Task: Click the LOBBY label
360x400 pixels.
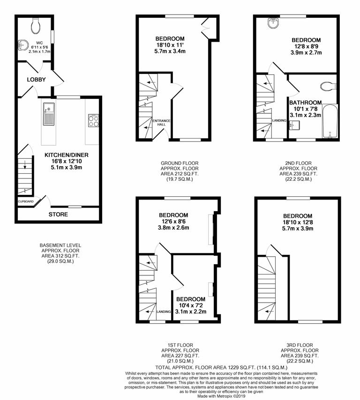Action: pyautogui.click(x=36, y=80)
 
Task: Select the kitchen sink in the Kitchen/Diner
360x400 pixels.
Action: pyautogui.click(x=49, y=114)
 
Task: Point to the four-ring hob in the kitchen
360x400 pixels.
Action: pyautogui.click(x=92, y=121)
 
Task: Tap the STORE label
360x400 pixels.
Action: pyautogui.click(x=58, y=215)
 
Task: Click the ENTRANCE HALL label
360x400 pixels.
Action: pyautogui.click(x=162, y=122)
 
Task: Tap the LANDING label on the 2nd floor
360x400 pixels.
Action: pyautogui.click(x=279, y=120)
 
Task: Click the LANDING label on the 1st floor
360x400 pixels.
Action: pyautogui.click(x=164, y=311)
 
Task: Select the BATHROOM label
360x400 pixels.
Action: pyautogui.click(x=305, y=103)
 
